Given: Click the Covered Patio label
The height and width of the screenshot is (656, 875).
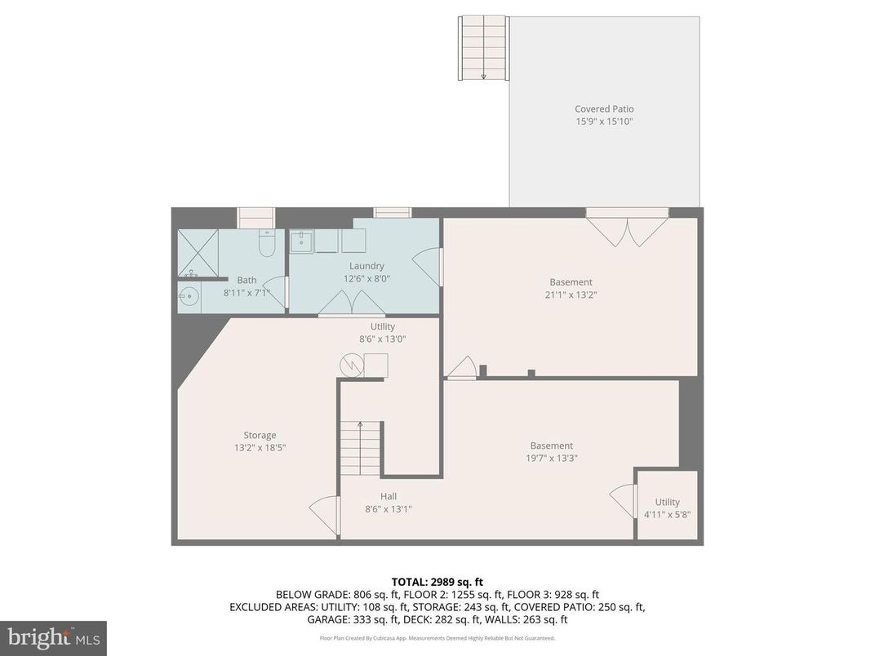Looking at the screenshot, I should tap(604, 109).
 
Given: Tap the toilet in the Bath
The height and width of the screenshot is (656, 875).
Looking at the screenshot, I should tap(267, 245).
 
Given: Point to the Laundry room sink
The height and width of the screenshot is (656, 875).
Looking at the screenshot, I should tap(302, 242).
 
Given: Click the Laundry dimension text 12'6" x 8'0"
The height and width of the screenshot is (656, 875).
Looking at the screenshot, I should tap(366, 278).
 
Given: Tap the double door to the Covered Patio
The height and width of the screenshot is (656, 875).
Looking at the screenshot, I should tap(627, 229).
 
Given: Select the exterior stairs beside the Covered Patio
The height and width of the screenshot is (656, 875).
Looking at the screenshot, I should tap(483, 48).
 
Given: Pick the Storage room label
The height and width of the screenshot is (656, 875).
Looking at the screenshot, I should tap(260, 435).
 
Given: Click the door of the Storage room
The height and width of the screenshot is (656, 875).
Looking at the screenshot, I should tap(324, 515).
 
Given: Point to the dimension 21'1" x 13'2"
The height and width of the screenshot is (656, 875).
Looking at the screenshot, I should tap(571, 295).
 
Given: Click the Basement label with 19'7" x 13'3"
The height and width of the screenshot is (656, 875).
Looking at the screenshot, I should tap(552, 445).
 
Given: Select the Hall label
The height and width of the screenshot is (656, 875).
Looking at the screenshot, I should tap(389, 496).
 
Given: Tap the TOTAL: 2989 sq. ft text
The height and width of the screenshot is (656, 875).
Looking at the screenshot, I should tap(437, 582).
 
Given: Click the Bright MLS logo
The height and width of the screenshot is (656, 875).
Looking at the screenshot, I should tap(53, 638).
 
